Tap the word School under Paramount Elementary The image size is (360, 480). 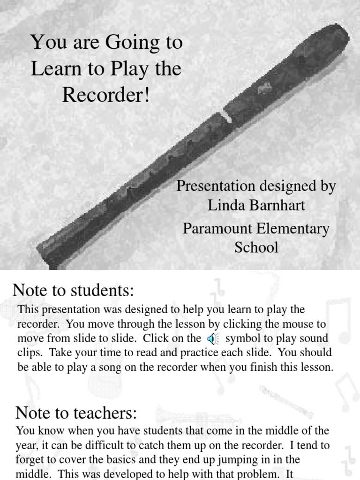tap(256, 247)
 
